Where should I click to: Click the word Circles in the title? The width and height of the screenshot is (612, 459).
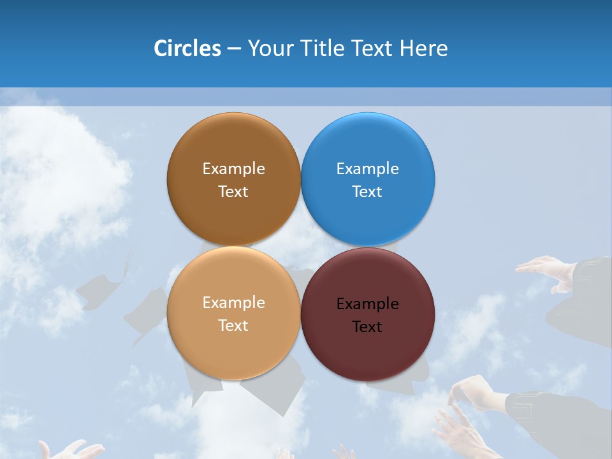click(x=187, y=48)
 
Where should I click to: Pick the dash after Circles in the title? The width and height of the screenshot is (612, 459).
click(x=233, y=49)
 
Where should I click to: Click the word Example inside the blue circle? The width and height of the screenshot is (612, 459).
click(x=368, y=168)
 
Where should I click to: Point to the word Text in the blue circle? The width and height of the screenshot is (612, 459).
click(x=367, y=191)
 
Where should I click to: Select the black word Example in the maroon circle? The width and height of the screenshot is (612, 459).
click(x=368, y=303)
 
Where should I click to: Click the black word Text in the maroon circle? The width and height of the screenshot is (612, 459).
click(x=367, y=326)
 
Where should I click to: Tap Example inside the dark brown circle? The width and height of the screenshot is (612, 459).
click(x=233, y=168)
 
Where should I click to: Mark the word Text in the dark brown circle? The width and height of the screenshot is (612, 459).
click(x=233, y=191)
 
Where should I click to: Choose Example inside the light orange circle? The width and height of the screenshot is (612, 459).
click(x=233, y=302)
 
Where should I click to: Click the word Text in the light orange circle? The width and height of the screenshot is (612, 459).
click(x=233, y=325)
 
